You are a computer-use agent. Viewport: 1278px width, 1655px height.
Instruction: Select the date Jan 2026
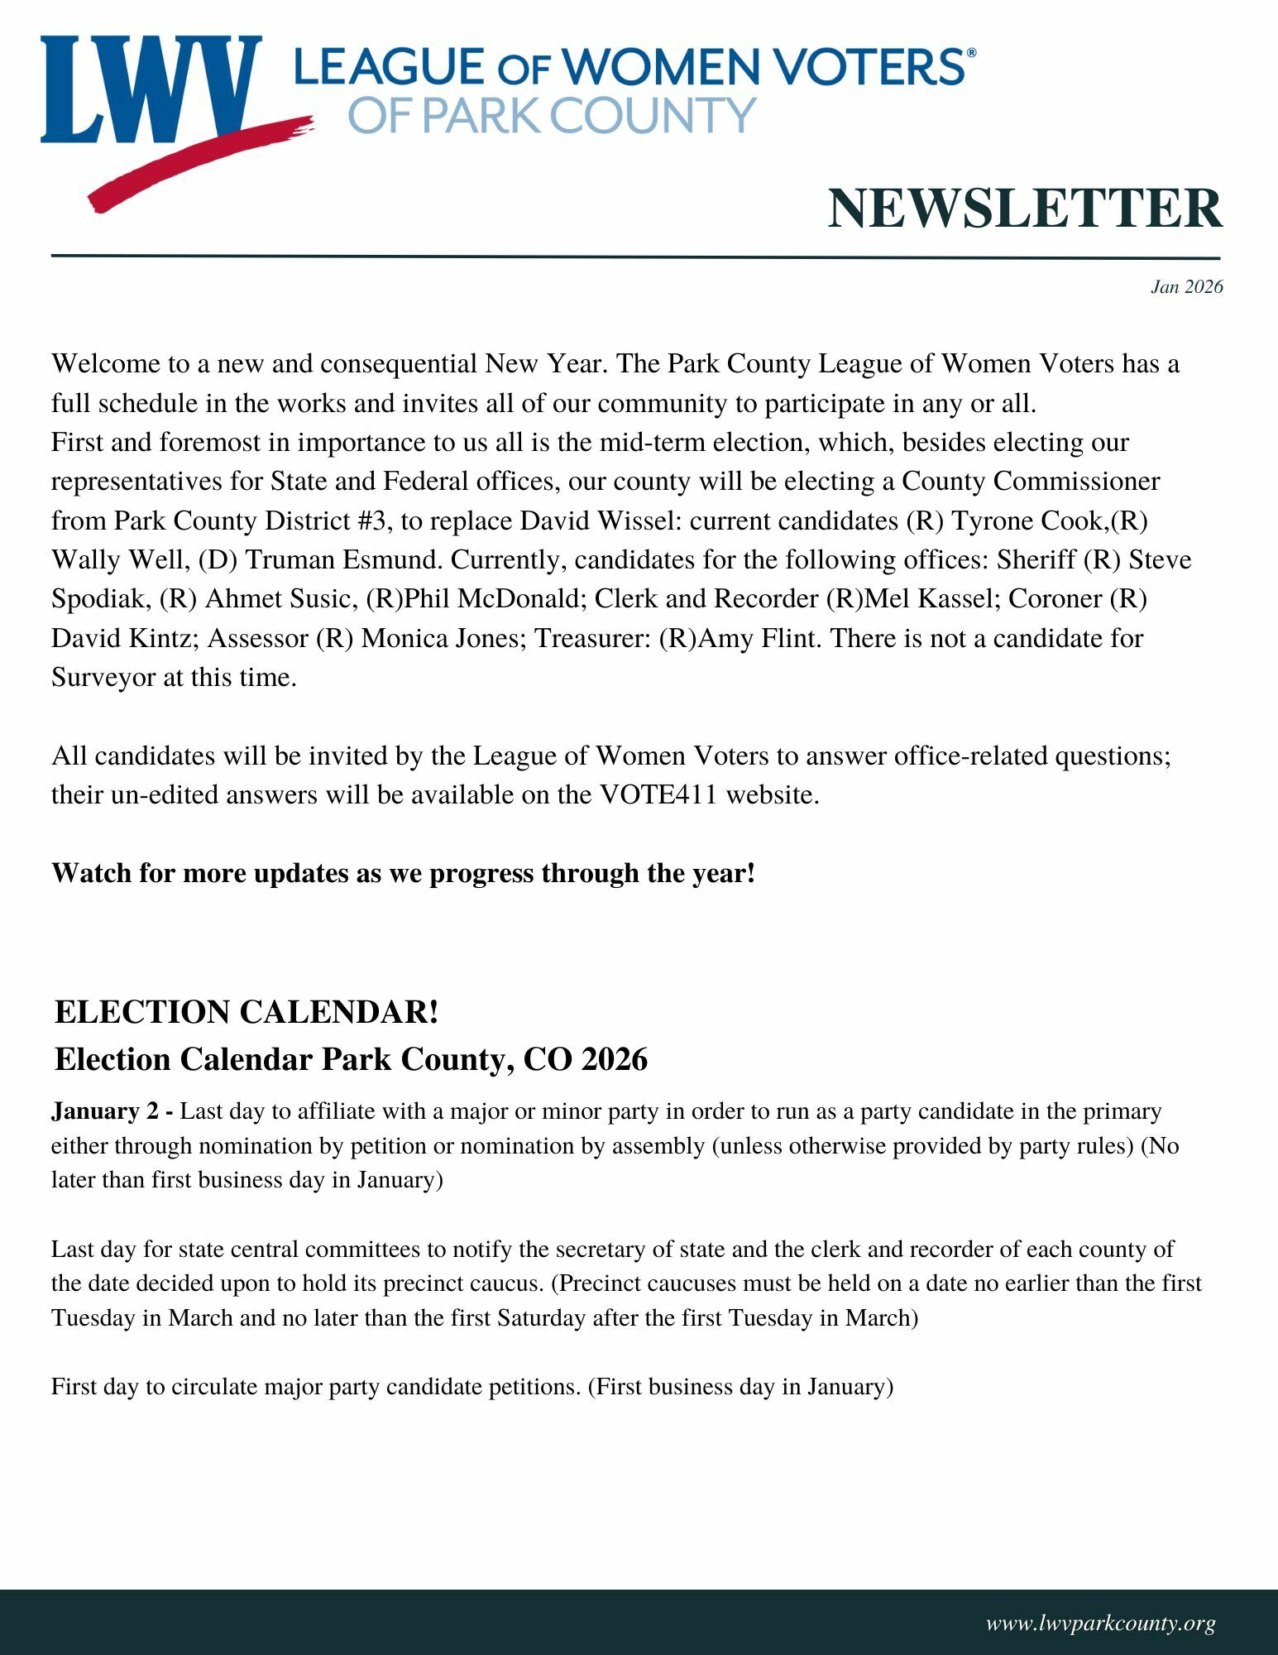1186,287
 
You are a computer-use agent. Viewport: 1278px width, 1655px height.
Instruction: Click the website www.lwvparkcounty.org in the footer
1100,1623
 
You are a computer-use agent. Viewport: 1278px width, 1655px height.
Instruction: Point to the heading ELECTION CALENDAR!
247,1012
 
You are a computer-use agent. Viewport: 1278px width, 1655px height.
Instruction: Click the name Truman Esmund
343,560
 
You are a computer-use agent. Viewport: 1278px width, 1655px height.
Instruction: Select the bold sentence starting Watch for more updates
403,873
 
